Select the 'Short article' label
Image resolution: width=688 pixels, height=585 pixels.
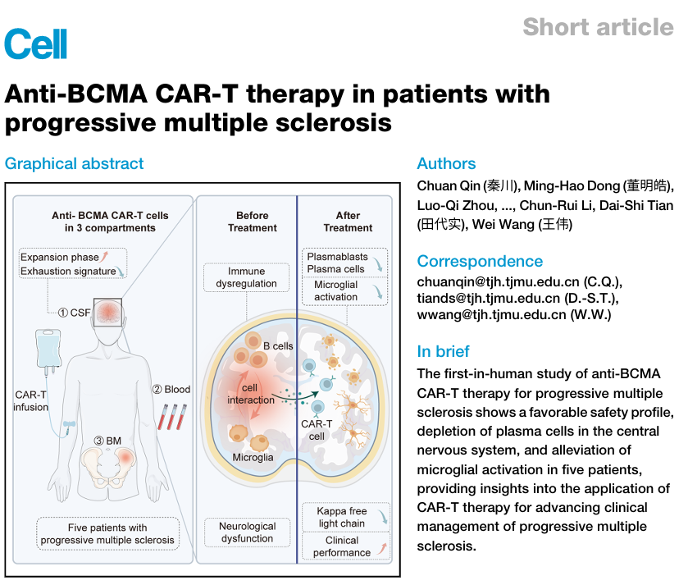tap(598, 26)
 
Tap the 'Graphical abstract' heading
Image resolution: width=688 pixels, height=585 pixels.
tap(74, 163)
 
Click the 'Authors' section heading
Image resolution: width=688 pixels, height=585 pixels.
tap(446, 163)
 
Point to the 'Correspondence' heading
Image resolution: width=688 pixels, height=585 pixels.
tap(480, 261)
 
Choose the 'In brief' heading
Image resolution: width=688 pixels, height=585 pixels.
tap(443, 351)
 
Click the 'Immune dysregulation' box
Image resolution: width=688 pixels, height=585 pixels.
tap(246, 277)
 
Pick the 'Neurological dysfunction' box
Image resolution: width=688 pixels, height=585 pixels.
tap(246, 532)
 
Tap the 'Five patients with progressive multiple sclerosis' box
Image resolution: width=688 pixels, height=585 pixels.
tap(107, 533)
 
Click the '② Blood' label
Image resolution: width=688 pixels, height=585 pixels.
tap(171, 390)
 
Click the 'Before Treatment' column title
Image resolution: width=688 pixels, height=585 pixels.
tap(246, 221)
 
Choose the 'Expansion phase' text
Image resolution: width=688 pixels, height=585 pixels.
tap(59, 257)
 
